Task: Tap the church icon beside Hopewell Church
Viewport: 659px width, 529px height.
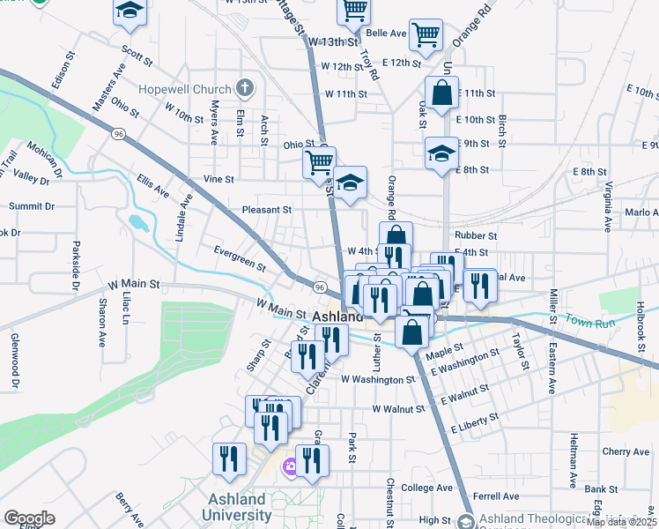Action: click(245, 88)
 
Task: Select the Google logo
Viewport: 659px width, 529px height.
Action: click(29, 518)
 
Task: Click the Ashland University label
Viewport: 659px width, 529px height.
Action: click(241, 508)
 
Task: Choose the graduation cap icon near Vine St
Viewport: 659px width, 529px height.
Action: click(351, 183)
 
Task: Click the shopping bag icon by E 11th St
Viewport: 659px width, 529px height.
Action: click(441, 92)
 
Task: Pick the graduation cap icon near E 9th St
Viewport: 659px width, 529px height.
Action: click(441, 153)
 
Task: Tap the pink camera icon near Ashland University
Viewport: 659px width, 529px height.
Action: click(289, 466)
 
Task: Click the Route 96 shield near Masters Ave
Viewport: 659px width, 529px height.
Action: click(117, 134)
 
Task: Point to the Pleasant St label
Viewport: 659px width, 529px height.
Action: click(267, 210)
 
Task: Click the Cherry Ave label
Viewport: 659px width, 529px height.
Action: click(626, 451)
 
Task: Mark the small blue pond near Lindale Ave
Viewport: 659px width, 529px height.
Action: click(139, 220)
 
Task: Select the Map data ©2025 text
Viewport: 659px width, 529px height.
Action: click(621, 522)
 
